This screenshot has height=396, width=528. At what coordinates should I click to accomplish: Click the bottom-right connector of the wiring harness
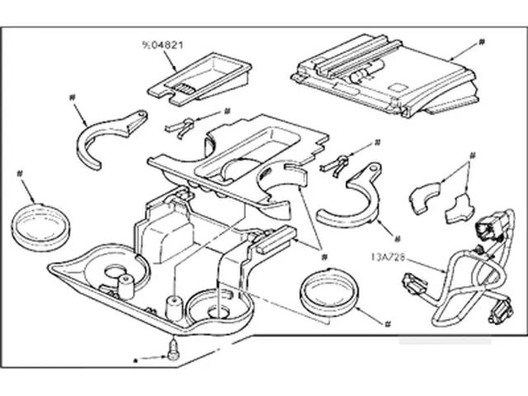(497, 312)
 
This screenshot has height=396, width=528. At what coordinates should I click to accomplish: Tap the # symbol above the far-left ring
(18, 172)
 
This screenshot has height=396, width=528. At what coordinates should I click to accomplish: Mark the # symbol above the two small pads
(473, 153)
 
